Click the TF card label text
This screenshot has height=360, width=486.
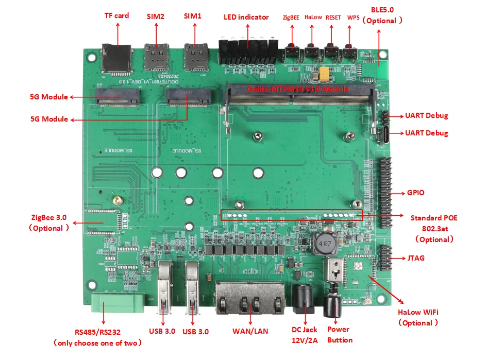coord(117,15)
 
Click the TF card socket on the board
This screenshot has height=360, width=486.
coord(116,58)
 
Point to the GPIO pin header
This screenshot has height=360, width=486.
coord(385,193)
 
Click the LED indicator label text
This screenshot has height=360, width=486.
coord(246,17)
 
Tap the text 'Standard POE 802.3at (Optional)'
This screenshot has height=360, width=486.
coord(433,228)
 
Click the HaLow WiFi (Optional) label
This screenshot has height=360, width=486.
coord(418,317)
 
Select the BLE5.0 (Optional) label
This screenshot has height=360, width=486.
coord(382,15)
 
